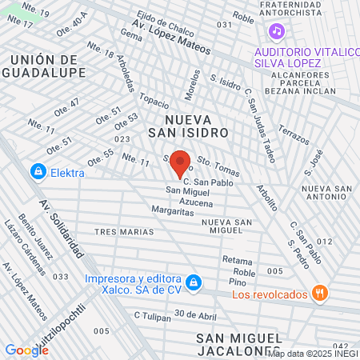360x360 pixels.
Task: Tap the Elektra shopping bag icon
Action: [37, 170]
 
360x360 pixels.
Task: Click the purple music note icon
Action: [276, 31]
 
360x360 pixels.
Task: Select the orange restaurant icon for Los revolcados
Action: [320, 294]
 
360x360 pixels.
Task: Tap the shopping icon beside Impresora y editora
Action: [193, 282]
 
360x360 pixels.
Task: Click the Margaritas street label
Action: [172, 211]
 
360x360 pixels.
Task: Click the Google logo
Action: [26, 350]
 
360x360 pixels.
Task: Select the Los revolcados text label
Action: [270, 294]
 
